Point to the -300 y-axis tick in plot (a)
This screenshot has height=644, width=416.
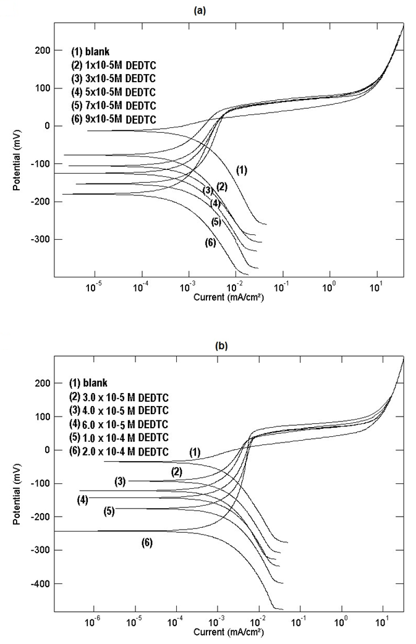(38, 240)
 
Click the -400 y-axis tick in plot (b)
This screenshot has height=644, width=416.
(38, 584)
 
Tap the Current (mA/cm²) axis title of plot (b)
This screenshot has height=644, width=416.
(226, 633)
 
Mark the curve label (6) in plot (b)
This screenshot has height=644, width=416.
(146, 543)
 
